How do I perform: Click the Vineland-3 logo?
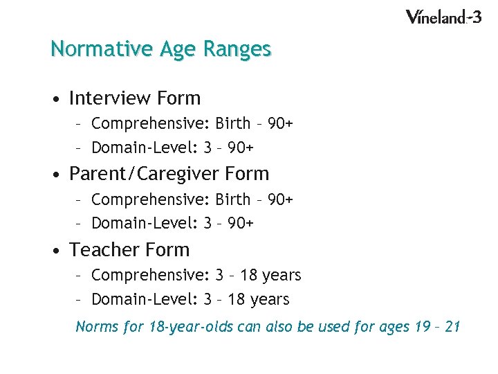pyautogui.click(x=443, y=17)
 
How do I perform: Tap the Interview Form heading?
pyautogui.click(x=135, y=98)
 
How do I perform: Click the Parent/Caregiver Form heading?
pyautogui.click(x=169, y=173)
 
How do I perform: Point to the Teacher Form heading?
pyautogui.click(x=129, y=249)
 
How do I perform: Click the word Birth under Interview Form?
pyautogui.click(x=232, y=124)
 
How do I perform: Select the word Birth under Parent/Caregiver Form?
pyautogui.click(x=232, y=199)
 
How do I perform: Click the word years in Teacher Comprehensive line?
pyautogui.click(x=282, y=276)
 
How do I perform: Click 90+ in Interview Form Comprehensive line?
pyautogui.click(x=280, y=124)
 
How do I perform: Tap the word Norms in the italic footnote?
pyautogui.click(x=96, y=326)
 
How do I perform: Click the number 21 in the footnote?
pyautogui.click(x=452, y=326)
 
